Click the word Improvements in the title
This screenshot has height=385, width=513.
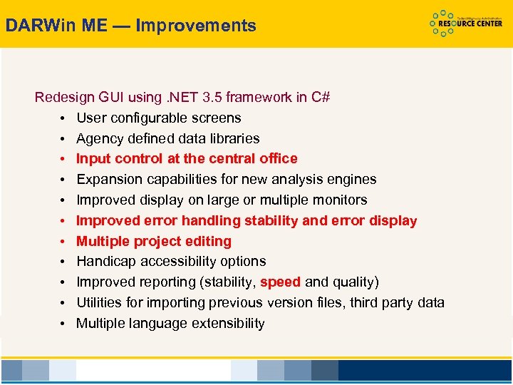click(x=196, y=26)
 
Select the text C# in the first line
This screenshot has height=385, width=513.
click(x=321, y=97)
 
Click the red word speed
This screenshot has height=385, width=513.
click(x=280, y=282)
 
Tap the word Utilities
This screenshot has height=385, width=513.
click(x=100, y=302)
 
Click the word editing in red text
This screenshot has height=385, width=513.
click(x=207, y=241)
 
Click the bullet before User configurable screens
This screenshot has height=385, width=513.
click(x=63, y=118)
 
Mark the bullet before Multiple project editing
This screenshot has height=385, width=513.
click(x=63, y=242)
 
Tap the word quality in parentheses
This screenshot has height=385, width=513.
click(x=353, y=282)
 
